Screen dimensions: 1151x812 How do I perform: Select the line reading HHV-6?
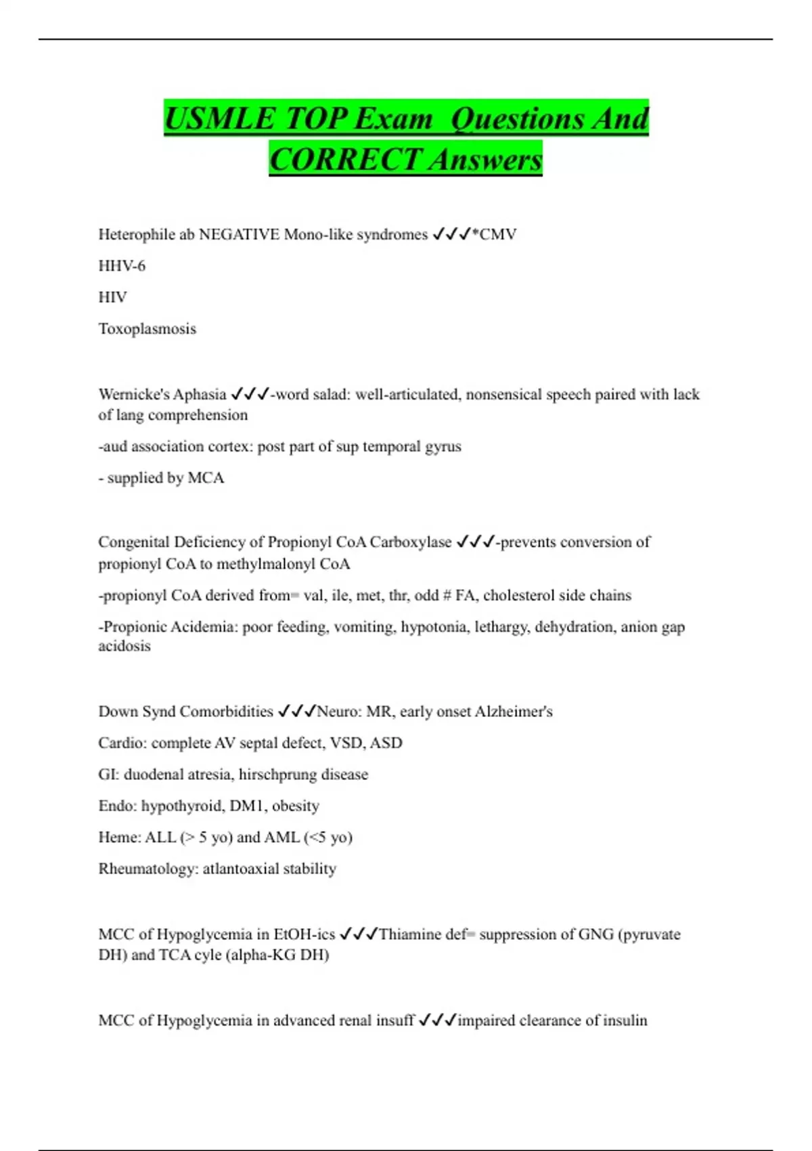click(122, 266)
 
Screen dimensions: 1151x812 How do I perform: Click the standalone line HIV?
click(112, 297)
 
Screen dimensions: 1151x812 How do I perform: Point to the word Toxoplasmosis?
click(148, 329)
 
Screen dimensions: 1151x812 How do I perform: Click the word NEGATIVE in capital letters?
click(239, 235)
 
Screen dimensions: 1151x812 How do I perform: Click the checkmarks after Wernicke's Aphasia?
click(250, 394)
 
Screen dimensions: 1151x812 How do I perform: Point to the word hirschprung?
click(277, 775)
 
